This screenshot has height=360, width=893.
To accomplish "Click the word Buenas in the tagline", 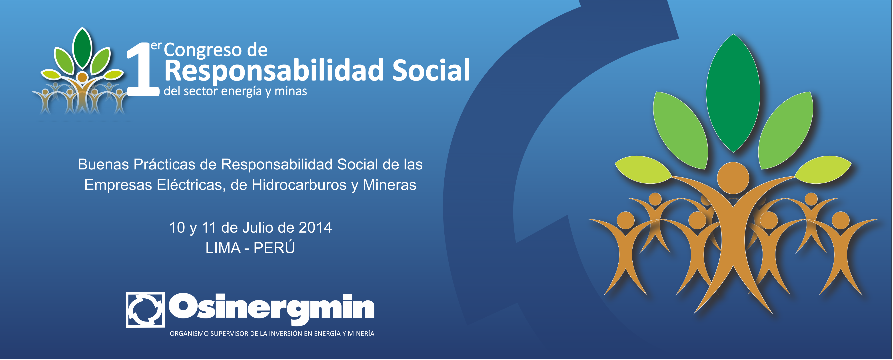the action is point(103,164).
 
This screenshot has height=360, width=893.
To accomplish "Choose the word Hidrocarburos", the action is point(299,185).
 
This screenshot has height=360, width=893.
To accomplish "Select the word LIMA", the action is point(223,248).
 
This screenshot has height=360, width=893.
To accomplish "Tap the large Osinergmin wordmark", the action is point(272,309).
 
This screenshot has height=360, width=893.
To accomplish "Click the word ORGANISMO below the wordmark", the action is point(189,334).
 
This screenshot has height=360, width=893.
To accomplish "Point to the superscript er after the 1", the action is point(156,46).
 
